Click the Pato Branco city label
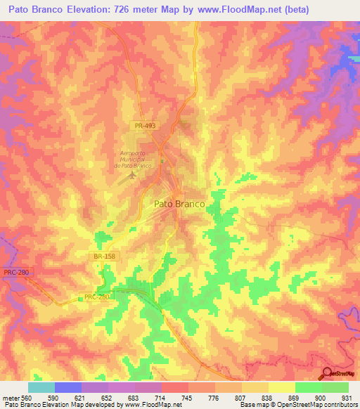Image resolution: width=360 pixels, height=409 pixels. click(179, 204)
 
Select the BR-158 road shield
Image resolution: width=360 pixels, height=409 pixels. click(103, 257)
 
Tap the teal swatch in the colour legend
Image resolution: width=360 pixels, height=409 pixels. click(41, 387)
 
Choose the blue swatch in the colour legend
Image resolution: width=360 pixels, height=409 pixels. click(68, 387)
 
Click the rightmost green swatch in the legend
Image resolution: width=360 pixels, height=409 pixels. click(335, 387)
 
